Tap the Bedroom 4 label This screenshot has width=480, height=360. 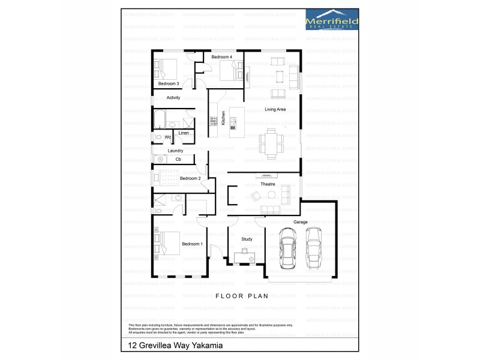pyautogui.click(x=221, y=57)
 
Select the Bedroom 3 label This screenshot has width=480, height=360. pyautogui.click(x=169, y=83)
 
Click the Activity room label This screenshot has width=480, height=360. pyautogui.click(x=173, y=98)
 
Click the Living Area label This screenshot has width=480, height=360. pyautogui.click(x=275, y=109)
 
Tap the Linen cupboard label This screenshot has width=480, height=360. pyautogui.click(x=184, y=133)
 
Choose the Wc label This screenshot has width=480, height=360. pyautogui.click(x=168, y=137)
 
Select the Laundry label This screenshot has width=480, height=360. pyautogui.click(x=175, y=151)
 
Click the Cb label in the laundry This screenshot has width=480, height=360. pyautogui.click(x=178, y=160)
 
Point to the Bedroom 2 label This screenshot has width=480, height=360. pyautogui.click(x=190, y=178)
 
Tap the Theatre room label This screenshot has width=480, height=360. pyautogui.click(x=268, y=184)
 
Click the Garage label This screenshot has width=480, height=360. pyautogui.click(x=301, y=222)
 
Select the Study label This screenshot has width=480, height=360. pyautogui.click(x=247, y=239)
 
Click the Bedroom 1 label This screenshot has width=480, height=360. pyautogui.click(x=192, y=244)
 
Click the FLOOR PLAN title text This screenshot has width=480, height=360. pyautogui.click(x=240, y=296)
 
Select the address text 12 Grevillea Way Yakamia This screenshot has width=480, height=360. pyautogui.click(x=172, y=346)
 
